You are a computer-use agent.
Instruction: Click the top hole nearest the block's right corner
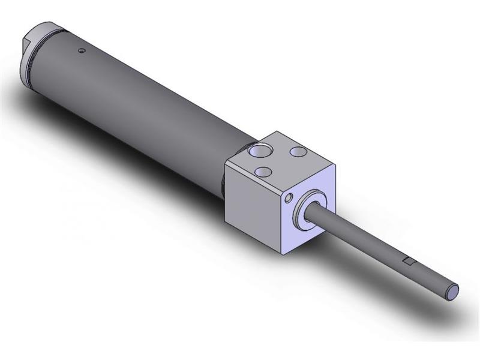(x=298, y=152)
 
